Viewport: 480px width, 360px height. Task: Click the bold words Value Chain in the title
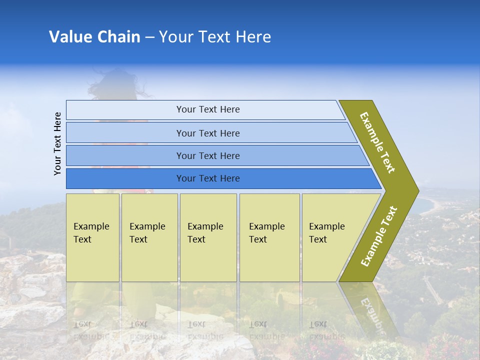tap(94, 37)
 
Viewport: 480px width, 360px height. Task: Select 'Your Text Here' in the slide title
tap(215, 37)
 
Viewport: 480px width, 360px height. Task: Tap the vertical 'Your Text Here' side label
tap(58, 143)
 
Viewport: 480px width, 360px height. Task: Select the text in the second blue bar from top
tap(208, 133)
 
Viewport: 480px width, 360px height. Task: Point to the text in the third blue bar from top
tap(208, 156)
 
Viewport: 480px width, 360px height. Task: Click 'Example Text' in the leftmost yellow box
tap(91, 233)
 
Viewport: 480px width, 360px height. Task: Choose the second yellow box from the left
tap(149, 237)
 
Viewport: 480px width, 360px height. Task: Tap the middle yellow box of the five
tap(208, 237)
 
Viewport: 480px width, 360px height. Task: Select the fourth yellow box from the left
tap(269, 237)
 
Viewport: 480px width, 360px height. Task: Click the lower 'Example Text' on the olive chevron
tap(379, 236)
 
